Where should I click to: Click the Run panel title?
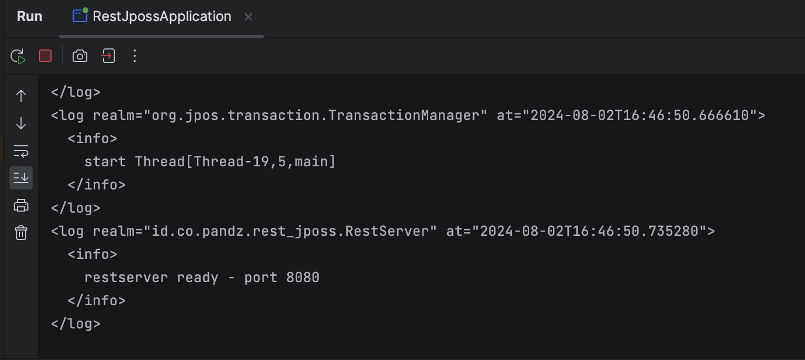point(29,16)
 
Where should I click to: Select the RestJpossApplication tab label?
point(162,16)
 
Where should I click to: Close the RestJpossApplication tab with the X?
point(248,17)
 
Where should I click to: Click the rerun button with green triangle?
point(18,56)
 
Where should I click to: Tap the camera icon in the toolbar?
point(80,56)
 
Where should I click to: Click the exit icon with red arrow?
point(108,56)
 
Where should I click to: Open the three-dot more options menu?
point(135,56)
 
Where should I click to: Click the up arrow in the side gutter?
point(21,96)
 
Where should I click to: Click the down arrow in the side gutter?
point(21,123)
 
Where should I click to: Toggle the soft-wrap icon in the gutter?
point(21,151)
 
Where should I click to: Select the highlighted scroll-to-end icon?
point(21,178)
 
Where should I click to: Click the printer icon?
point(21,205)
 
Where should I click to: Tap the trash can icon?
point(21,233)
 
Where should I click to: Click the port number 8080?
point(303,278)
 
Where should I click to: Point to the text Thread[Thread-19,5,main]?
point(235,162)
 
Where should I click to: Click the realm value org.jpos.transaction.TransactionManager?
point(316,115)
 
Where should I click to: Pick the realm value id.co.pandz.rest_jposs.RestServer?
point(290,231)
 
